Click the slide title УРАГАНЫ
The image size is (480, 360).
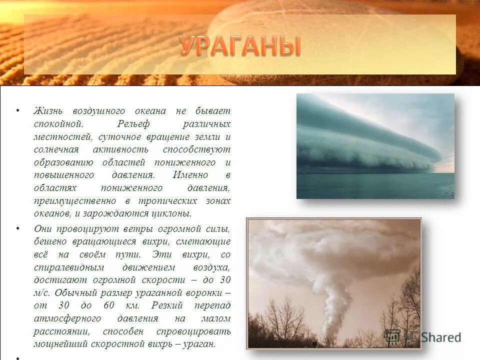click(240, 46)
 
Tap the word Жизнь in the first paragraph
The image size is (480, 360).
click(47, 110)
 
